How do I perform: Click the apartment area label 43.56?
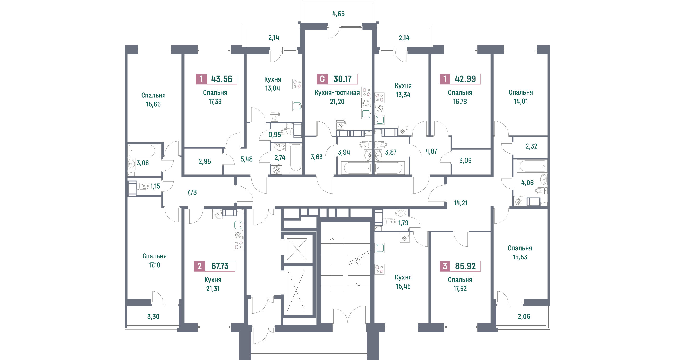[x=221, y=79]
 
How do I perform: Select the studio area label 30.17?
[x=342, y=79]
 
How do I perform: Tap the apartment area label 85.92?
[x=465, y=266]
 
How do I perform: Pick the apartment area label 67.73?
[x=220, y=266]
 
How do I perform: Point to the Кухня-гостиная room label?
[x=337, y=92]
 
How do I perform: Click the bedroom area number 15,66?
[x=153, y=104]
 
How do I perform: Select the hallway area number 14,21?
[x=460, y=203]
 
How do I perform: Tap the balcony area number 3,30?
[x=153, y=316]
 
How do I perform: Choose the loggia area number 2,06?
[x=524, y=316]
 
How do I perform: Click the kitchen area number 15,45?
[x=403, y=286]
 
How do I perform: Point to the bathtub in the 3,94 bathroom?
[x=357, y=168]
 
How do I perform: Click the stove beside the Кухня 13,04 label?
[x=297, y=84]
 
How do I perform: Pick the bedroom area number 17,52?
[x=460, y=289]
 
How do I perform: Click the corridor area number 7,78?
[x=192, y=192]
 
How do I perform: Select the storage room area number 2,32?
[x=531, y=146]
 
